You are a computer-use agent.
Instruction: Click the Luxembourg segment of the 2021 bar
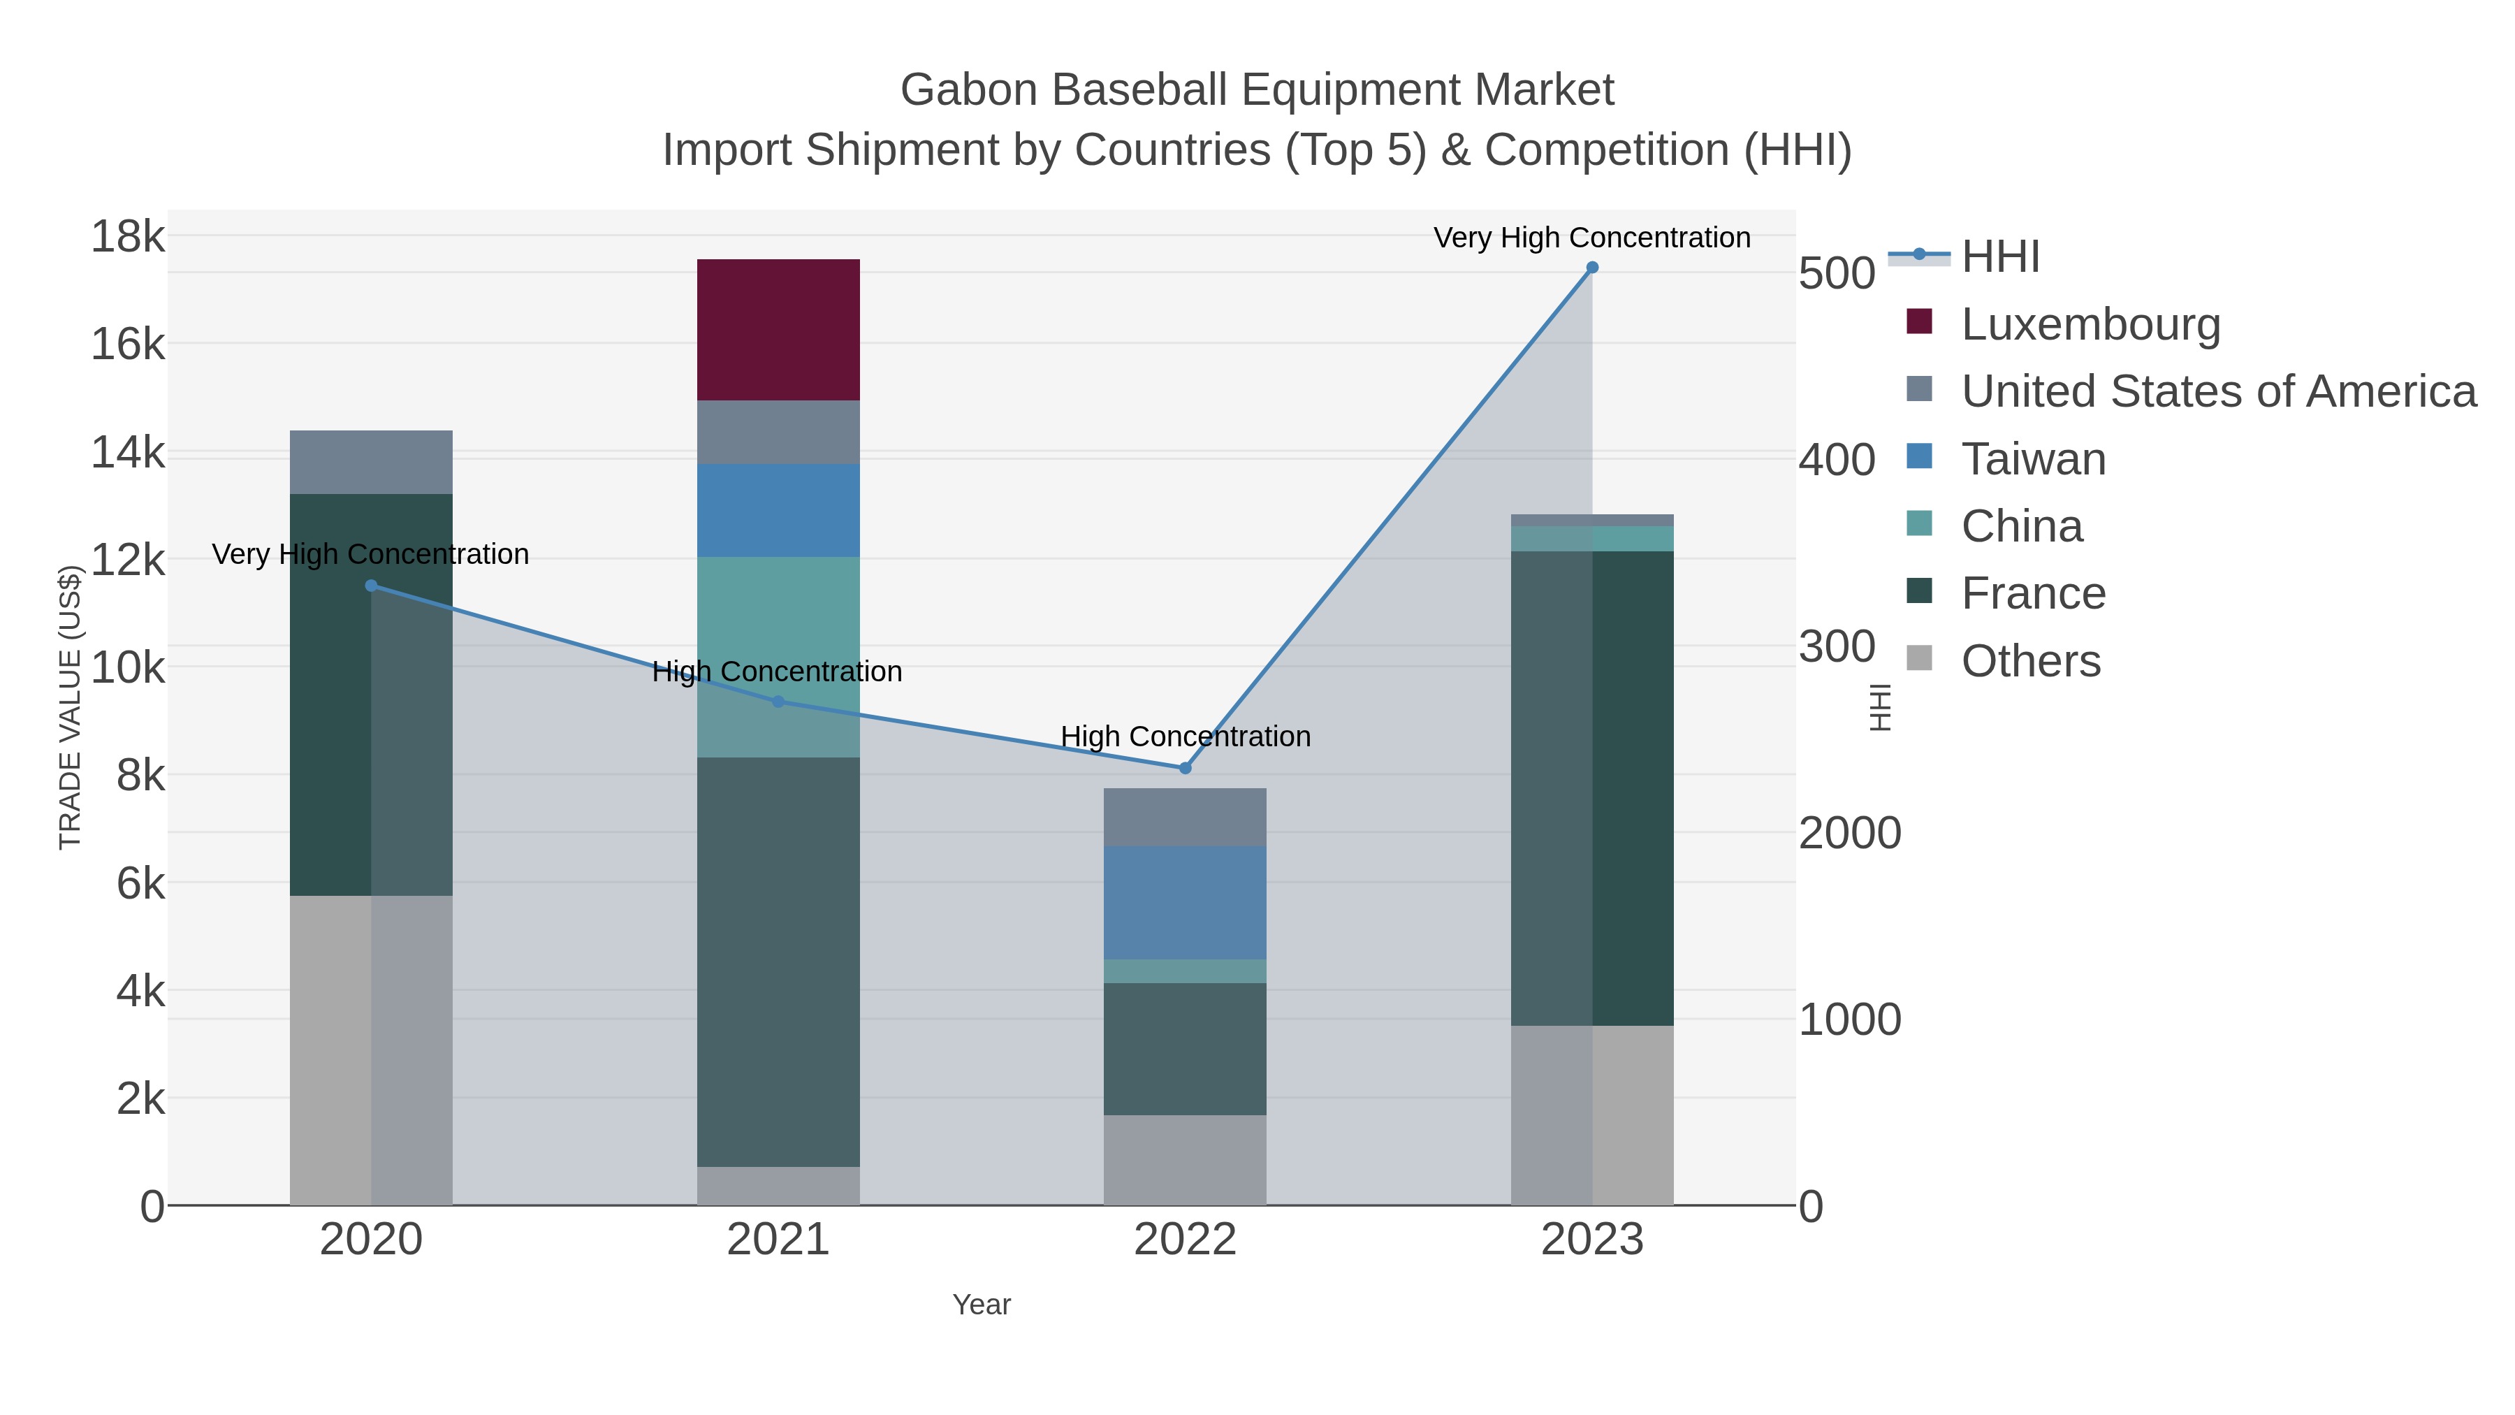coord(778,329)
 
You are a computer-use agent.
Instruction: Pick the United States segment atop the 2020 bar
coord(371,462)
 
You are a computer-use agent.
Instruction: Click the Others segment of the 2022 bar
coord(1184,1159)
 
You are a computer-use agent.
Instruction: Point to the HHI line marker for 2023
coord(1592,268)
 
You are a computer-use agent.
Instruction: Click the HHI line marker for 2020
coord(371,586)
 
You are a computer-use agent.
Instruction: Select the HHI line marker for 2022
coord(1186,769)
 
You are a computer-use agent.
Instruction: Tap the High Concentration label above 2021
coord(777,672)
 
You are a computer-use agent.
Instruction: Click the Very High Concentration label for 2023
coord(1591,238)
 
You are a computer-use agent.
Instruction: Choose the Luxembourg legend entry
coord(2090,324)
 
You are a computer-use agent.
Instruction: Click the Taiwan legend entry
coord(2033,459)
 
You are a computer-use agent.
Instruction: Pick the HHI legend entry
coord(1999,257)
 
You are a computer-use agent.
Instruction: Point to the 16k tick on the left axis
coord(128,344)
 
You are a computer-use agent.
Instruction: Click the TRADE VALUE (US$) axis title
coord(71,707)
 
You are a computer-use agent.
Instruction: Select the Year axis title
coord(982,1305)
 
